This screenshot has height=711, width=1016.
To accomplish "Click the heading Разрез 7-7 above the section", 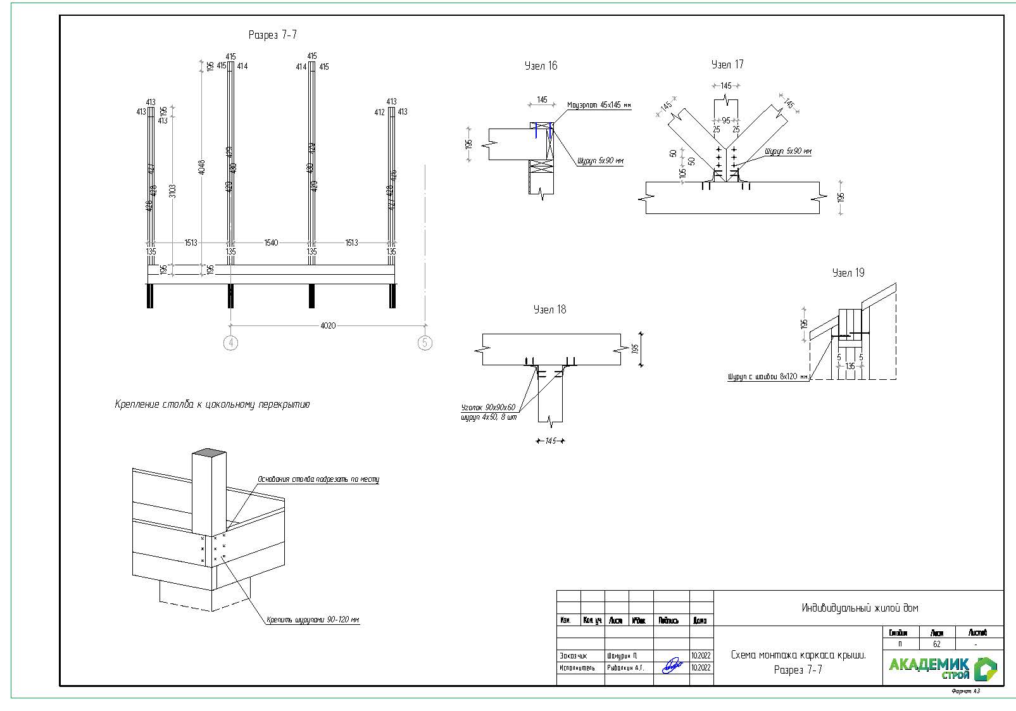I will click(x=272, y=35).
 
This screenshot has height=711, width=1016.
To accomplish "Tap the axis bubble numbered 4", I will click(x=231, y=343).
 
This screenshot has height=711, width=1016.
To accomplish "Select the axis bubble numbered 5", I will click(x=425, y=343).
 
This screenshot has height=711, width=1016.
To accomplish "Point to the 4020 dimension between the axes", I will click(x=328, y=325).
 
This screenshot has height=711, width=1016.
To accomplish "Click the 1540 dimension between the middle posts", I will click(x=270, y=242).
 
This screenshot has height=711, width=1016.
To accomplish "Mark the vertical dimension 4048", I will click(x=201, y=167).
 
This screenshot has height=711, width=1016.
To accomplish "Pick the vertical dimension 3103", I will click(x=172, y=190).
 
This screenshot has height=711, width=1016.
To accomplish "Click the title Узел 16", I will click(x=541, y=66).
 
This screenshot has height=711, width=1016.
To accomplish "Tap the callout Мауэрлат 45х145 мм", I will click(x=599, y=105).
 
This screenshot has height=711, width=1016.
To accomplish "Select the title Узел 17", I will click(x=727, y=65).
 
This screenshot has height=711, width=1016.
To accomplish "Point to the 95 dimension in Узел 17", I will click(x=726, y=120).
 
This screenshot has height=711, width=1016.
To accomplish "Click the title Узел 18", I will click(x=549, y=310).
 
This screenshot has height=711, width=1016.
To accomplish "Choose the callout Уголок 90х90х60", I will click(x=488, y=407).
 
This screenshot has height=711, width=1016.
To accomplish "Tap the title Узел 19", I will click(x=848, y=273).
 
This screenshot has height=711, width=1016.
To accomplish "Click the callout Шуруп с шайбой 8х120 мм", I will click(x=768, y=377).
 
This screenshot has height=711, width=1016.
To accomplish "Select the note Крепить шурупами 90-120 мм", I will click(x=313, y=620).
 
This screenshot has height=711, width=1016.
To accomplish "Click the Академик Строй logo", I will click(x=943, y=667).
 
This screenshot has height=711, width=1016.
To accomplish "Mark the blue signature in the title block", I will click(x=672, y=665).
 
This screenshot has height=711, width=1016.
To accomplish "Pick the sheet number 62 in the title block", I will click(x=937, y=644).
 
